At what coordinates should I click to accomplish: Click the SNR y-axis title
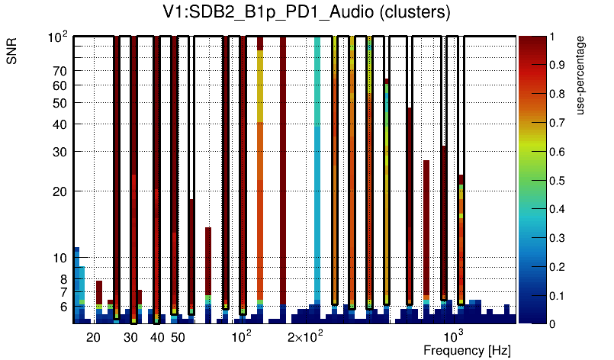pos(12,54)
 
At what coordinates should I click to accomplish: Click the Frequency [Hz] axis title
pos(467,350)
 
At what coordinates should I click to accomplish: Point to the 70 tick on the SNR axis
pos(59,71)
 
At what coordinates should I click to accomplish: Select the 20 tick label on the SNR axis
pos(59,191)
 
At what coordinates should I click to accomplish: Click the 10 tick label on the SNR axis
pos(59,258)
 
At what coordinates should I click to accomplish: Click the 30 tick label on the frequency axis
pos(130,337)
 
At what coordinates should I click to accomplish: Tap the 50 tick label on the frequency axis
pos(177,337)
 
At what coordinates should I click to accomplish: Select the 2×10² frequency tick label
pos(305,336)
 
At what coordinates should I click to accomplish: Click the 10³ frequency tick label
pos(453,336)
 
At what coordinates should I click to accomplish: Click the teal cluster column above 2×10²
pos(317,175)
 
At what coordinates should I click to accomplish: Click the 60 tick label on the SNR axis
pos(59,85)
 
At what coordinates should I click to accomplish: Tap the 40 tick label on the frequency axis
pos(157,337)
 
